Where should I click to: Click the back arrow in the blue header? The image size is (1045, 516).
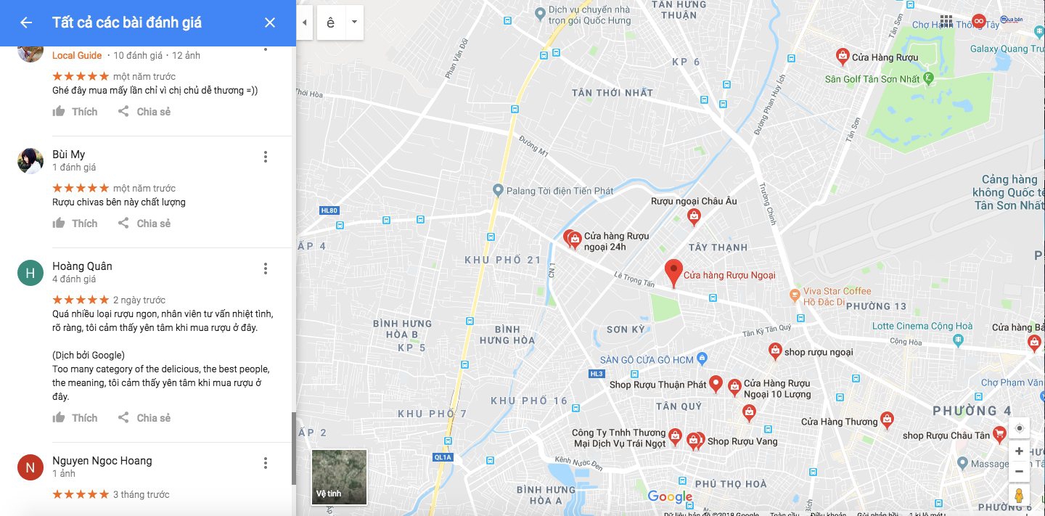[x=26, y=22]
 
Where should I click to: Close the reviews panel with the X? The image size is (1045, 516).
[x=270, y=22]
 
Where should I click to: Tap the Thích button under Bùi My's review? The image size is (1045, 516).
[x=75, y=224]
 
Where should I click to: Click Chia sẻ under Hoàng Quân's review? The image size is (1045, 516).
[x=144, y=418]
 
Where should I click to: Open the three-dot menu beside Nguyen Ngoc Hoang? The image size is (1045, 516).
[x=266, y=463]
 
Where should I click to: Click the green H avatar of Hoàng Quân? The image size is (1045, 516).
[x=30, y=273]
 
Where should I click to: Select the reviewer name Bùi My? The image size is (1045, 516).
[x=69, y=155]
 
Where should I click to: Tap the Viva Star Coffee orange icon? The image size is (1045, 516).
[x=795, y=295]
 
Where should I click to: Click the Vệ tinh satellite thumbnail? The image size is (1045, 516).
[x=339, y=477]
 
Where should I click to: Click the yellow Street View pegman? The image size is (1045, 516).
[x=1019, y=496]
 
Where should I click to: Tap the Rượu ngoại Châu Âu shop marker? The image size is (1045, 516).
[x=694, y=216]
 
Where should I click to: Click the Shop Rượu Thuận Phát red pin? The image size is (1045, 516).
[x=716, y=384]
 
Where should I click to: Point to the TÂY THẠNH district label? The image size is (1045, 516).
[x=718, y=247]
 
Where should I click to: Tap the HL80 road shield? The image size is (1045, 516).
[x=329, y=211]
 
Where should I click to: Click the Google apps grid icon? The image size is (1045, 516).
[x=946, y=21]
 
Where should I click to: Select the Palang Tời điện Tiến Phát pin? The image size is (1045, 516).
[x=498, y=191]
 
